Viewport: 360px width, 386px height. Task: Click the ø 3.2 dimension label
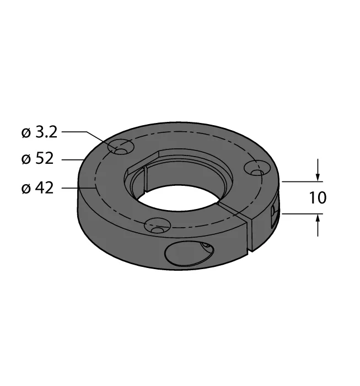[39, 132]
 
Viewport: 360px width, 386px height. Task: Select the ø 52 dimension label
[37, 159]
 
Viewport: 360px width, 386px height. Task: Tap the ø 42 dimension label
[37, 189]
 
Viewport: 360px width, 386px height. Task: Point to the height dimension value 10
[318, 197]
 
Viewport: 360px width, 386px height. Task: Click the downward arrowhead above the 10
[318, 177]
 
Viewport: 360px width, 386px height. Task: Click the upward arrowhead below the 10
[318, 218]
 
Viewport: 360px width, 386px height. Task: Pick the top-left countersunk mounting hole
[121, 147]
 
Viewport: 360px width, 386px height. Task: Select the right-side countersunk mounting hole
[257, 168]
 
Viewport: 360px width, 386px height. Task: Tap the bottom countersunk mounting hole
[158, 226]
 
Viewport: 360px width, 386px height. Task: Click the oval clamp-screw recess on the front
[189, 254]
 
